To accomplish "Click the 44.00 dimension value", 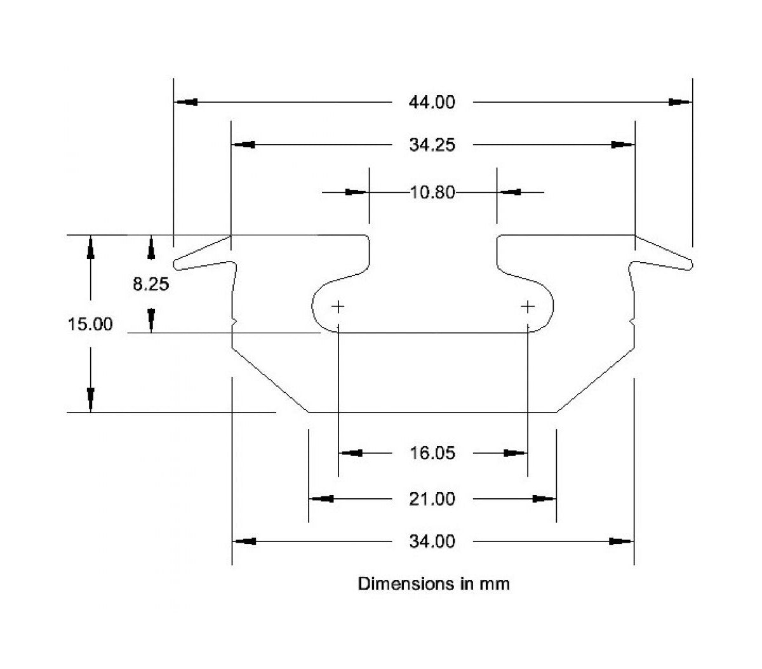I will tap(432, 102).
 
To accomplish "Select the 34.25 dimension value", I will tap(432, 145).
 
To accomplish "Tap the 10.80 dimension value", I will tap(432, 192).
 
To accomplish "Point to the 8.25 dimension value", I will tap(151, 284).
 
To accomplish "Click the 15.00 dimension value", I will tap(90, 324).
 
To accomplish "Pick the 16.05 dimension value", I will tap(432, 453).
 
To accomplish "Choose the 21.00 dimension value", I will tap(432, 499).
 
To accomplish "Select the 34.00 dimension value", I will tap(432, 541).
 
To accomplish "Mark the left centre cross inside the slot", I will tap(338, 307).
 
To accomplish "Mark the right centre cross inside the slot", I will tap(528, 307).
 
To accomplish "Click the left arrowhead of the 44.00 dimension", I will tap(186, 102).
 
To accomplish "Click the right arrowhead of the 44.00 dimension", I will tap(679, 102).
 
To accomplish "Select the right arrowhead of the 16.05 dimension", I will tap(515, 453).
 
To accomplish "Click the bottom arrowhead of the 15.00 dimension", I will tap(91, 399).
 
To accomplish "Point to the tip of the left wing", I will tap(177, 263).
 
